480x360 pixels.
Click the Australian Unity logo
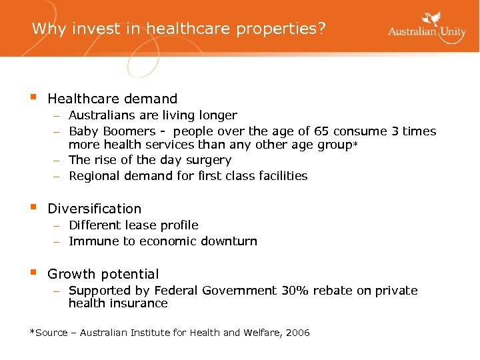tap(427, 28)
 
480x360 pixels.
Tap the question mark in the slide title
tap(323, 29)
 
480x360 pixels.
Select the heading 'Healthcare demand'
tap(112, 99)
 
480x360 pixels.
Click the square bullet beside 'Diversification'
tap(33, 207)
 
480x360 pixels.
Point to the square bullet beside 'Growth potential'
tap(33, 273)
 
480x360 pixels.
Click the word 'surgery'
tap(209, 161)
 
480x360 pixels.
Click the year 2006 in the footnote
tap(297, 333)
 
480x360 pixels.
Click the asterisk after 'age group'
tap(356, 145)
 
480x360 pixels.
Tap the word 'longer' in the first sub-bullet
tap(218, 115)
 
